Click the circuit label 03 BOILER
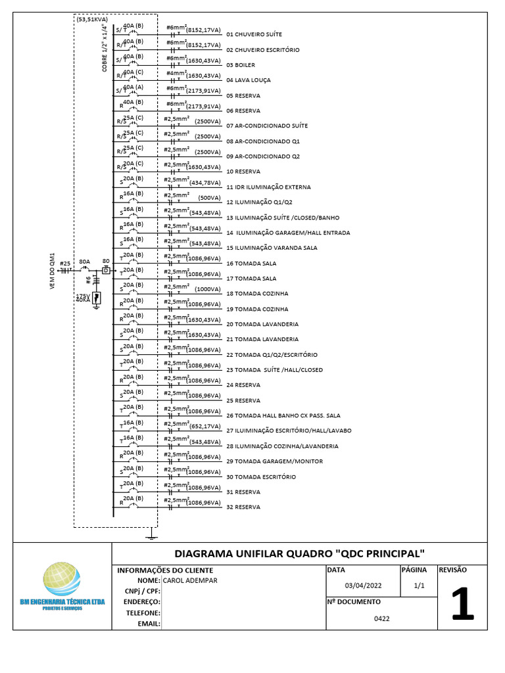coord(241,65)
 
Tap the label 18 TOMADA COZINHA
coord(257,294)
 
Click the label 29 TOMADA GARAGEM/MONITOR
coord(274,461)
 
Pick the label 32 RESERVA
coord(243,507)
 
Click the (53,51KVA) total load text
coord(92,20)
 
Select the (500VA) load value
coord(209,198)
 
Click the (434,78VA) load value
coord(203,183)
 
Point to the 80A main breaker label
coord(84,262)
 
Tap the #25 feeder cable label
coord(64,264)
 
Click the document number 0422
coord(382,618)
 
